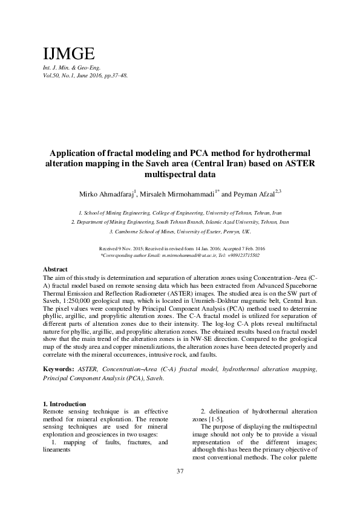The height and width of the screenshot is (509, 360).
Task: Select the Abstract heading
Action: [56, 268]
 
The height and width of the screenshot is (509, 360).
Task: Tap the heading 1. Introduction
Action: [65, 404]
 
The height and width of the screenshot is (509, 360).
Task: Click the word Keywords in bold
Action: [58, 368]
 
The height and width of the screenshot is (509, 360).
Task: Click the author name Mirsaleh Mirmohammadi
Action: [178, 195]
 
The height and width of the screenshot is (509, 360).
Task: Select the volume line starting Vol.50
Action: [85, 76]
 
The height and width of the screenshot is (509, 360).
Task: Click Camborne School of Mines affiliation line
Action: [180, 232]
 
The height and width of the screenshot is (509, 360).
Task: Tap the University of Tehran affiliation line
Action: [180, 213]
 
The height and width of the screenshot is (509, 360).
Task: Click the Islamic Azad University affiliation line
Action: [180, 222]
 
